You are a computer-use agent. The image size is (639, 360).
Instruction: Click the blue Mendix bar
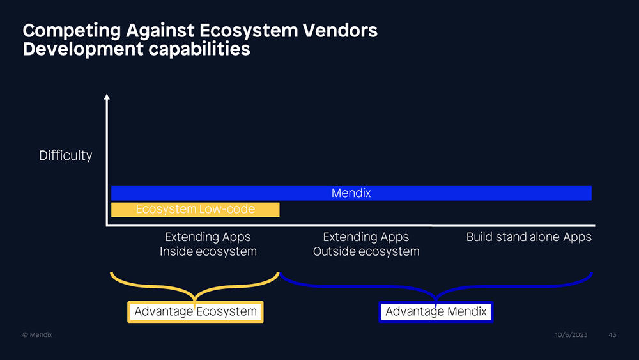[351, 193]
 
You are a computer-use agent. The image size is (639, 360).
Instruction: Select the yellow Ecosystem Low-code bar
[195, 210]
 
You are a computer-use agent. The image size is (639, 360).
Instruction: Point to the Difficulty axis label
[66, 155]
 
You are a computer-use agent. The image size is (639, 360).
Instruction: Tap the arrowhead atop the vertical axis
[107, 97]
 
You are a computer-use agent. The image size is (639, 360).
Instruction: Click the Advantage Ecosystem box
[195, 312]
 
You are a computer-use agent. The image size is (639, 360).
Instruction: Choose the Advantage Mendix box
[436, 312]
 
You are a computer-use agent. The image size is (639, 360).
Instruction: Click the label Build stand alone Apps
[528, 237]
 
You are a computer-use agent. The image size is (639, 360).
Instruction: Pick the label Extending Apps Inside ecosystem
[208, 244]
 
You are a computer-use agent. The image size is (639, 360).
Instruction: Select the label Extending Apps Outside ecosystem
[366, 244]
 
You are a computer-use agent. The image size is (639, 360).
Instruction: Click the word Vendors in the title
[340, 31]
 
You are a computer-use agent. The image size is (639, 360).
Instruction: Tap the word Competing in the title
[72, 31]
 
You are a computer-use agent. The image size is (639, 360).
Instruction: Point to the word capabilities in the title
[199, 49]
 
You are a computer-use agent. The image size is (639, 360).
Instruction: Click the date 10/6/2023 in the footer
[571, 334]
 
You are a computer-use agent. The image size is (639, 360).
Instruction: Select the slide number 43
[612, 334]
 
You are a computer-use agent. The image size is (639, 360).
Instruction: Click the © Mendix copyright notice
[37, 334]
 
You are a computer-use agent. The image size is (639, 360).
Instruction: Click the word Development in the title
[83, 49]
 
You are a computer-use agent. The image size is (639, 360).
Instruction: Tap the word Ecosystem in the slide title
[249, 31]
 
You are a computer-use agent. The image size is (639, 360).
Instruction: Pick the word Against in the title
[160, 31]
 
